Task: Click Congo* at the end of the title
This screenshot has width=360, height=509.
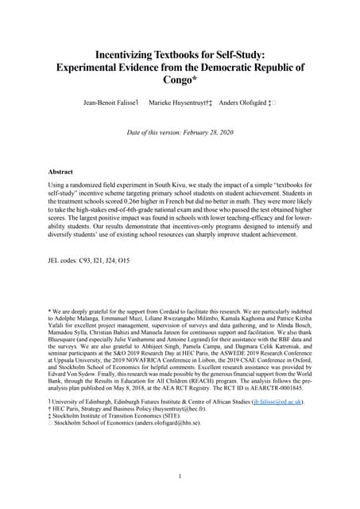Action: tap(179, 80)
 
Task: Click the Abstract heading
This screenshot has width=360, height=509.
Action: tap(61, 171)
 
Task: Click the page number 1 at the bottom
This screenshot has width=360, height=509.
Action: tap(180, 476)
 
